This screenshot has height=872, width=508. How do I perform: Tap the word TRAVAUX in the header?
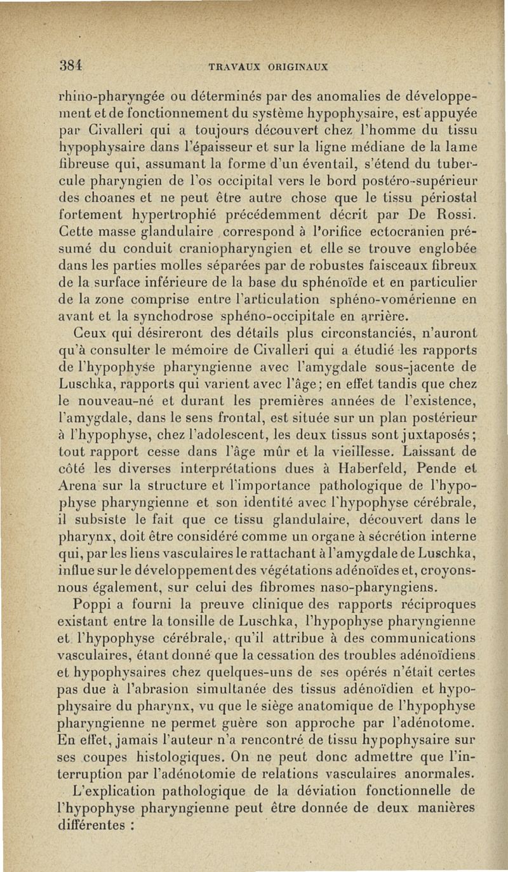231,65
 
